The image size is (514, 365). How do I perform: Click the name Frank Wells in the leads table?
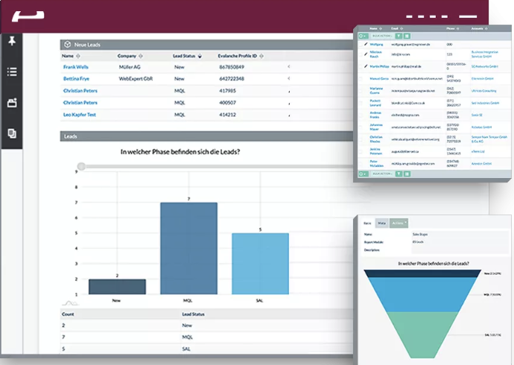[77, 67]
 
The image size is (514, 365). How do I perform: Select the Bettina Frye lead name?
[77, 78]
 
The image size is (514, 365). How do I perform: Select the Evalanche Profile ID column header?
[242, 56]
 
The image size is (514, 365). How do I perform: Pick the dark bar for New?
[117, 286]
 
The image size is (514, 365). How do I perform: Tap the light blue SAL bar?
[260, 263]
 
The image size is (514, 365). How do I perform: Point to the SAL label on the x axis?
[260, 301]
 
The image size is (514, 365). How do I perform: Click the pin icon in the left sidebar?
[11, 41]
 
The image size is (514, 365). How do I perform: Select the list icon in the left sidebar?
[11, 72]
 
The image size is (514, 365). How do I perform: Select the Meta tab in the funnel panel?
[381, 223]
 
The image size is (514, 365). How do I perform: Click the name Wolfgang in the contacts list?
[378, 44]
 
